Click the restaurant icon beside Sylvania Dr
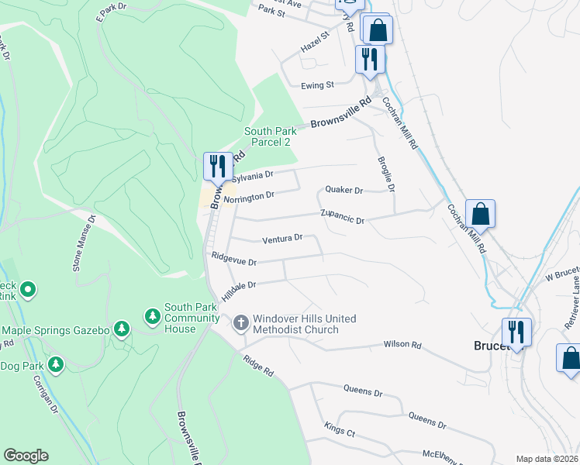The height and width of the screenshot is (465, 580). pyautogui.click(x=217, y=166)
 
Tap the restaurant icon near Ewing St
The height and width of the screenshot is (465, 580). pyautogui.click(x=369, y=59)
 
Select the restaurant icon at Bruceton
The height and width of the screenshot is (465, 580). pyautogui.click(x=516, y=332)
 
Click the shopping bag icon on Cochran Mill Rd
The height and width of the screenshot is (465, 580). pyautogui.click(x=480, y=213)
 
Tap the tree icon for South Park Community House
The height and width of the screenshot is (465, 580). pyautogui.click(x=152, y=316)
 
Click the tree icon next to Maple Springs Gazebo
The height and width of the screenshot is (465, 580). pyautogui.click(x=121, y=329)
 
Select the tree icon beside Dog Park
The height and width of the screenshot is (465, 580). pyautogui.click(x=55, y=363)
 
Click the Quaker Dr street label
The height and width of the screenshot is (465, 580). pyautogui.click(x=344, y=190)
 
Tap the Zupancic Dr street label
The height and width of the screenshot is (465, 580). pyautogui.click(x=343, y=216)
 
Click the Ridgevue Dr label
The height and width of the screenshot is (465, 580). pyautogui.click(x=233, y=258)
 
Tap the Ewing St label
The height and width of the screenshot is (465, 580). pyautogui.click(x=318, y=84)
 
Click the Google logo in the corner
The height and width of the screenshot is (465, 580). pyautogui.click(x=26, y=456)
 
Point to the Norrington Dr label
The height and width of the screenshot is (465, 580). pyautogui.click(x=249, y=197)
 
